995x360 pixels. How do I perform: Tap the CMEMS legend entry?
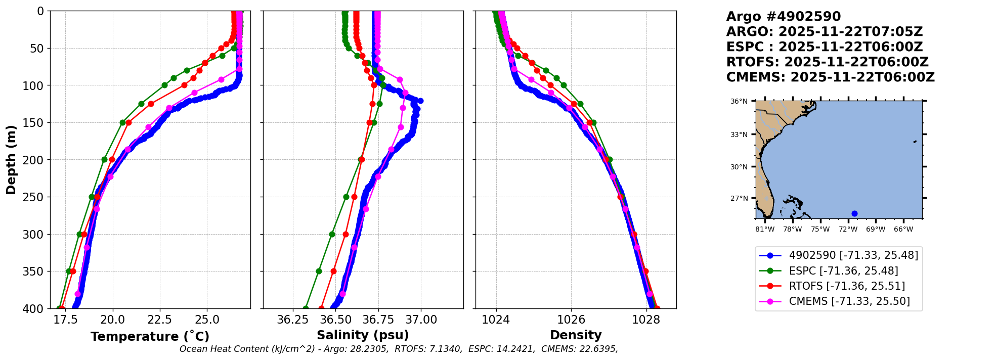pyautogui.click(x=849, y=301)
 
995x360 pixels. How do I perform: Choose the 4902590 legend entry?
pyautogui.click(x=853, y=255)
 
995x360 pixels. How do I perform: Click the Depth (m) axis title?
pyautogui.click(x=11, y=159)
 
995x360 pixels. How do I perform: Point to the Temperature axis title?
pyautogui.click(x=150, y=337)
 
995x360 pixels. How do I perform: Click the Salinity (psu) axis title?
pyautogui.click(x=363, y=335)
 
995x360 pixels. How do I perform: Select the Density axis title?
pyautogui.click(x=576, y=335)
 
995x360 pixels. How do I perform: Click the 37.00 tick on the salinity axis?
pyautogui.click(x=421, y=320)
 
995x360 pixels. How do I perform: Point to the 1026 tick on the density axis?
pyautogui.click(x=571, y=320)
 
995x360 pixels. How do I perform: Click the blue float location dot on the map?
pyautogui.click(x=854, y=213)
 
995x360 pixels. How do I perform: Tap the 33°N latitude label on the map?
pyautogui.click(x=739, y=134)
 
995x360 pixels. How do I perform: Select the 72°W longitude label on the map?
pyautogui.click(x=848, y=230)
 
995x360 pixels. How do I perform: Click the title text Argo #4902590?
pyautogui.click(x=783, y=17)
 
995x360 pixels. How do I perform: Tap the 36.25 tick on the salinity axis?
pyautogui.click(x=293, y=320)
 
